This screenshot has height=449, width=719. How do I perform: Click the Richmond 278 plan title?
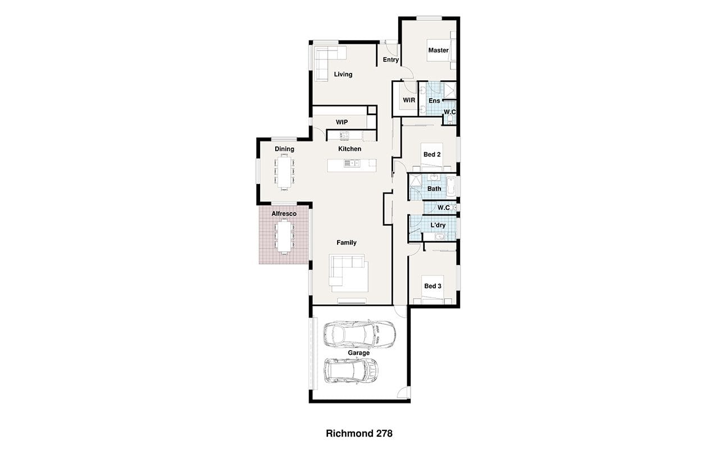click(x=359, y=434)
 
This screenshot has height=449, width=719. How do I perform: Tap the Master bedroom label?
click(x=439, y=51)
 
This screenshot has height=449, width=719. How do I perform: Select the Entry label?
click(x=390, y=59)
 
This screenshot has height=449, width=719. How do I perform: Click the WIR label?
click(x=409, y=100)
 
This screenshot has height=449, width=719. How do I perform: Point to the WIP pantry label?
click(x=342, y=122)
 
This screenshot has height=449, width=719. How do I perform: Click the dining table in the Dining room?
click(x=284, y=172)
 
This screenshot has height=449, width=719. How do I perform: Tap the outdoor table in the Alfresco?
click(x=284, y=236)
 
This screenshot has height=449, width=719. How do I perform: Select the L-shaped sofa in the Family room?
click(x=348, y=273)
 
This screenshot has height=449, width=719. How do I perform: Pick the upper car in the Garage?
click(x=359, y=333)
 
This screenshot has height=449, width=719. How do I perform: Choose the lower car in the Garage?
click(x=351, y=371)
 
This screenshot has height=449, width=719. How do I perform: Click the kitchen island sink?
click(x=352, y=163)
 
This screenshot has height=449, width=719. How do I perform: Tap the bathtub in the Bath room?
click(x=451, y=186)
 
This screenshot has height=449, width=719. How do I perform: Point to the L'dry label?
click(x=438, y=225)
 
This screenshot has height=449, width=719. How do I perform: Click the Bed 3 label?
click(x=433, y=286)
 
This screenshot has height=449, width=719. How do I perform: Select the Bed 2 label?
click(x=432, y=154)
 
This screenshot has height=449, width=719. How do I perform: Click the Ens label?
click(x=434, y=100)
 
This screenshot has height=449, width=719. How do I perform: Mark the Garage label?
click(x=359, y=353)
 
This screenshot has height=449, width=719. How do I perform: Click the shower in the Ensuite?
click(x=450, y=91)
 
